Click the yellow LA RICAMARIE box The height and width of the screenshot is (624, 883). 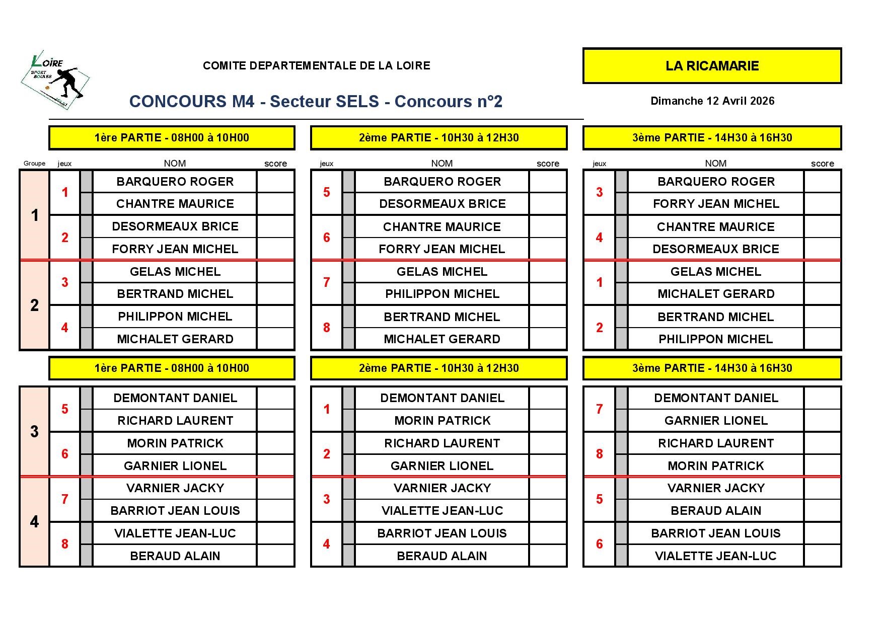pyautogui.click(x=712, y=66)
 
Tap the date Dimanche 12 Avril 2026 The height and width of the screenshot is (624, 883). pyautogui.click(x=712, y=101)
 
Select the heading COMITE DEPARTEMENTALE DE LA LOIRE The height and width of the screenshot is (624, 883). pyautogui.click(x=316, y=65)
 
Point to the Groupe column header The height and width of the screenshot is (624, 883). pyautogui.click(x=34, y=163)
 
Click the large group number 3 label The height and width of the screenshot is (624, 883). pyautogui.click(x=34, y=431)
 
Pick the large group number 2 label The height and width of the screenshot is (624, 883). pyautogui.click(x=34, y=305)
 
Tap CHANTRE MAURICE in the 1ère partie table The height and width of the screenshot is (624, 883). pyautogui.click(x=175, y=204)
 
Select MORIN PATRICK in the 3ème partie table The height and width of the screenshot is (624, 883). pyautogui.click(x=715, y=465)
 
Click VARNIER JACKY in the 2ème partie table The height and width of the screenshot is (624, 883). pyautogui.click(x=441, y=488)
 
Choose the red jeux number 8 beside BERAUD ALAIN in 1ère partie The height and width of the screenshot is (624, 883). pyautogui.click(x=64, y=544)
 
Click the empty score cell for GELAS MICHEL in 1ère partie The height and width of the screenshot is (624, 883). pyautogui.click(x=275, y=272)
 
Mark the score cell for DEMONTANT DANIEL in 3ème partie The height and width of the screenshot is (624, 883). pyautogui.click(x=822, y=398)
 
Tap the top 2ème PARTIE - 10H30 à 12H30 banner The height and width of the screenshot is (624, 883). pyautogui.click(x=438, y=138)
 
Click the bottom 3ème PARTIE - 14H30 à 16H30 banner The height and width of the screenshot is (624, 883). pyautogui.click(x=712, y=368)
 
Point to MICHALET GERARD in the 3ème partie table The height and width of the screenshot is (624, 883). pyautogui.click(x=715, y=294)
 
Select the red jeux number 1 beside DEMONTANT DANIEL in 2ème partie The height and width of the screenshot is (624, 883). pyautogui.click(x=327, y=409)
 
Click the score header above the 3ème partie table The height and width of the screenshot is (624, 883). pyautogui.click(x=822, y=164)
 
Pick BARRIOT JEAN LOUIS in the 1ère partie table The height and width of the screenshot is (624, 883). pyautogui.click(x=175, y=510)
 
